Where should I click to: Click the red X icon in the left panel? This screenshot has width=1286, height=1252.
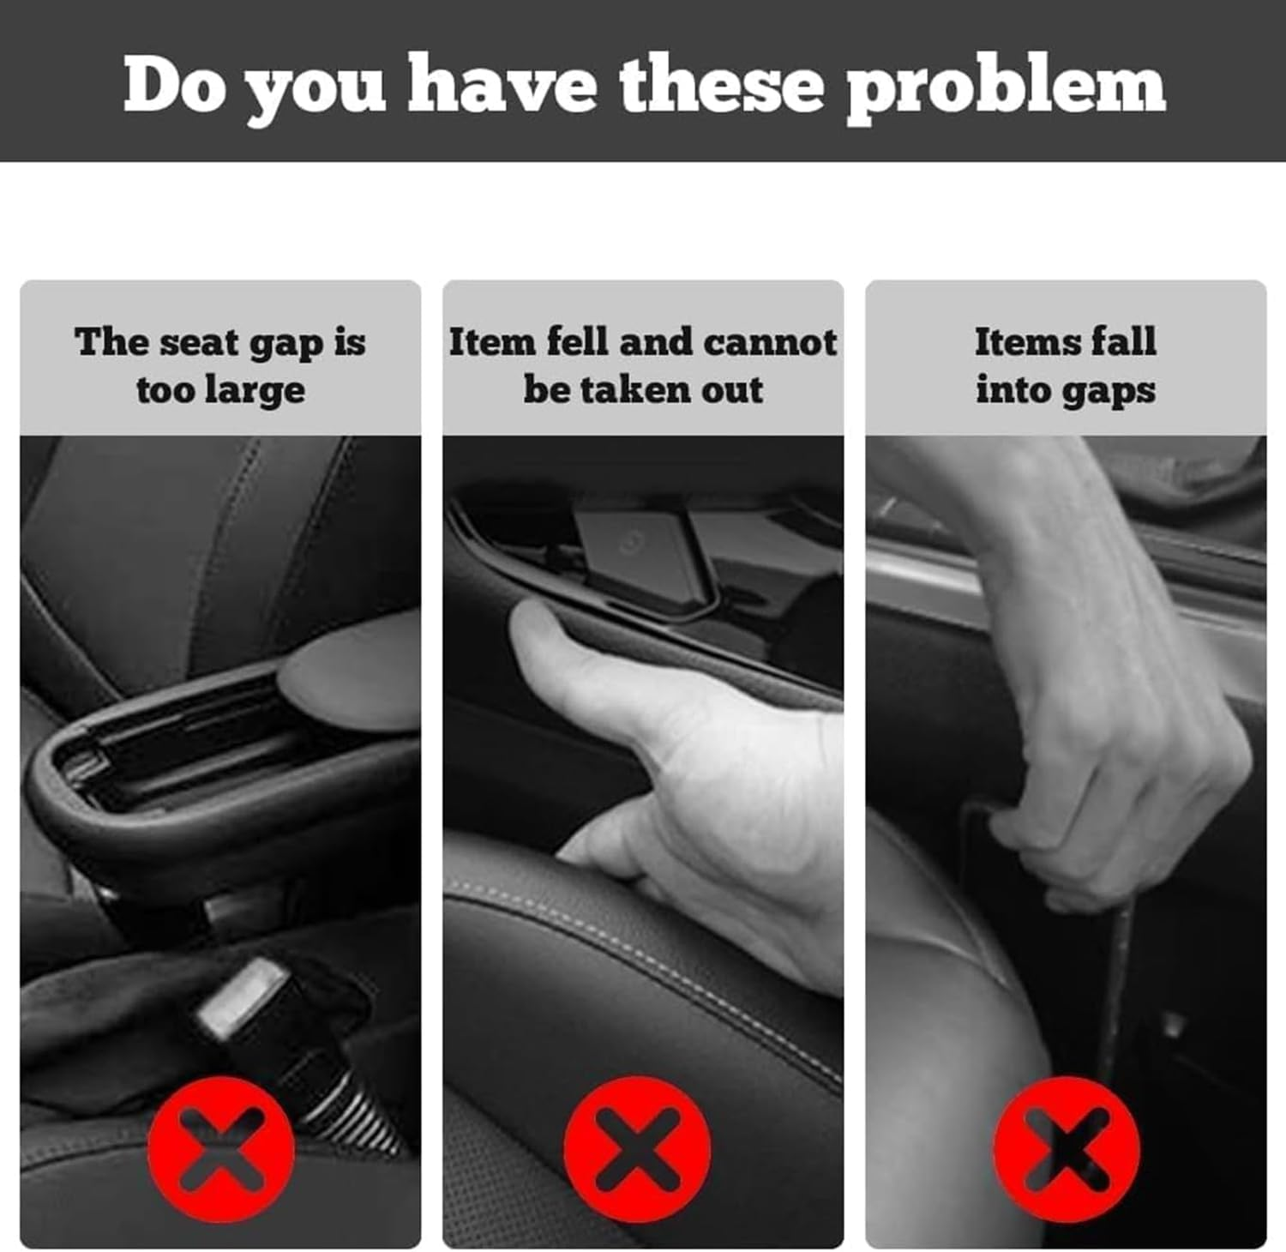pos(220,1148)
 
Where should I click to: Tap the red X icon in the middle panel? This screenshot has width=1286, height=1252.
pos(636,1149)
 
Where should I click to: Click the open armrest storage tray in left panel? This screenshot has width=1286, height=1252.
pos(171,755)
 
